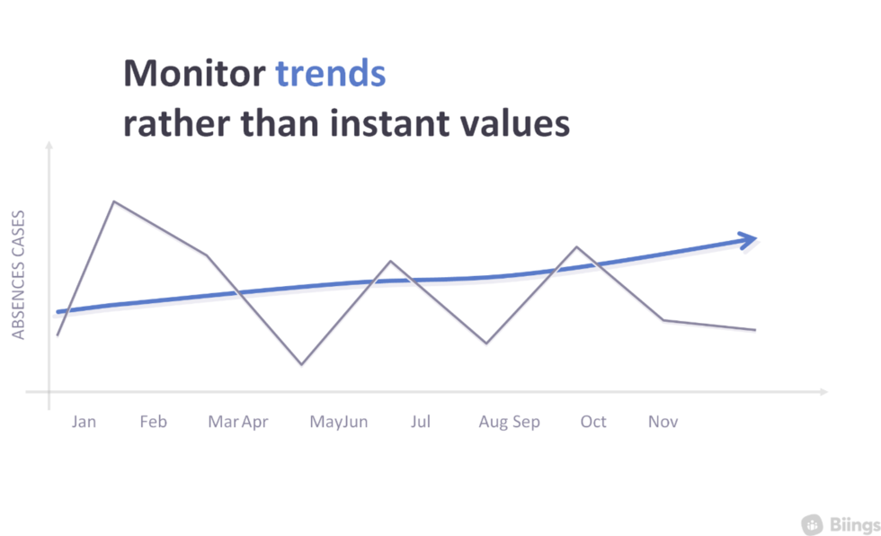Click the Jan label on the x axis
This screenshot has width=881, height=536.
coord(84,422)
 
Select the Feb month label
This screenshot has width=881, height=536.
coord(153,422)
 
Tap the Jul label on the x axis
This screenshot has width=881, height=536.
coord(420,422)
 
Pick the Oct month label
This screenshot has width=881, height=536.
coord(593,422)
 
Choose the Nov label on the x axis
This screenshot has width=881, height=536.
coord(663,422)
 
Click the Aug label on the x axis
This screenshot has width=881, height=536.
coord(494,422)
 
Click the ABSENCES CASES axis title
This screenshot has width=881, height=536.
coord(18,274)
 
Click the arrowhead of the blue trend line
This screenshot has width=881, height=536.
coord(749,239)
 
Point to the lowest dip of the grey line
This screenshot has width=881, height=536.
coord(301,364)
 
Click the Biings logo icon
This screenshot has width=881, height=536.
coord(813,523)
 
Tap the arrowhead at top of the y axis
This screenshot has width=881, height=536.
coord(49,146)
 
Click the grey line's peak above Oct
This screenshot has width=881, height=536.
coord(576,246)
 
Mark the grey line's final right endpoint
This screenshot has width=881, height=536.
coord(755,330)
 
